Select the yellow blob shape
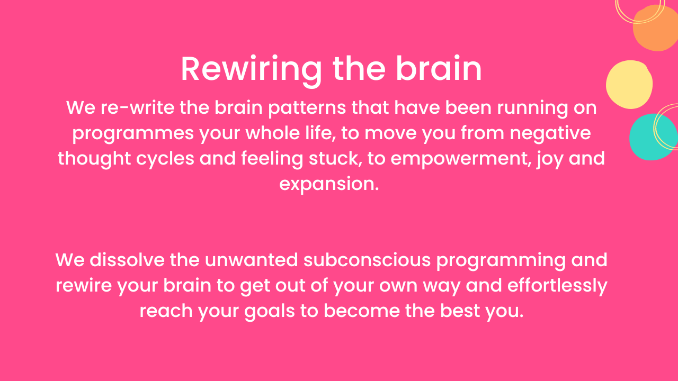629,85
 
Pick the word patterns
313,108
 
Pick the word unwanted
251,260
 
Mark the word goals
270,311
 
